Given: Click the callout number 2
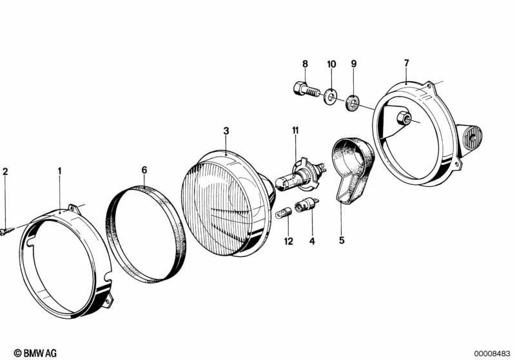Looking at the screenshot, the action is (5, 171).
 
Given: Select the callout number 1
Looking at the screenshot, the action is (59, 171).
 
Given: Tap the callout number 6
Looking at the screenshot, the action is (144, 170).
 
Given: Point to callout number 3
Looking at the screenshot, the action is (226, 131).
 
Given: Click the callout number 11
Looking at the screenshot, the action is (296, 131).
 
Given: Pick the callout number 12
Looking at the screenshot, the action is (288, 242).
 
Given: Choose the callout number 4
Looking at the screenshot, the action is (312, 242).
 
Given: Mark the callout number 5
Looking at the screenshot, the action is (342, 240).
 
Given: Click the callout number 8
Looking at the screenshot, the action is (305, 64).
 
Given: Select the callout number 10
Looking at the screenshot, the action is (332, 64).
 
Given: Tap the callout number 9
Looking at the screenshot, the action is (354, 63).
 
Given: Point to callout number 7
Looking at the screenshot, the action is (407, 62).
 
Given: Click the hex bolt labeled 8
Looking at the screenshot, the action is (306, 89).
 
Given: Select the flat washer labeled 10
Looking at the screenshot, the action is (331, 96).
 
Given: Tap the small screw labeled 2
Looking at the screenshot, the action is (7, 231).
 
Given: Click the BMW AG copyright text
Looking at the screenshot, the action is (35, 353).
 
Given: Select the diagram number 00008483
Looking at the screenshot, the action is (492, 353).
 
